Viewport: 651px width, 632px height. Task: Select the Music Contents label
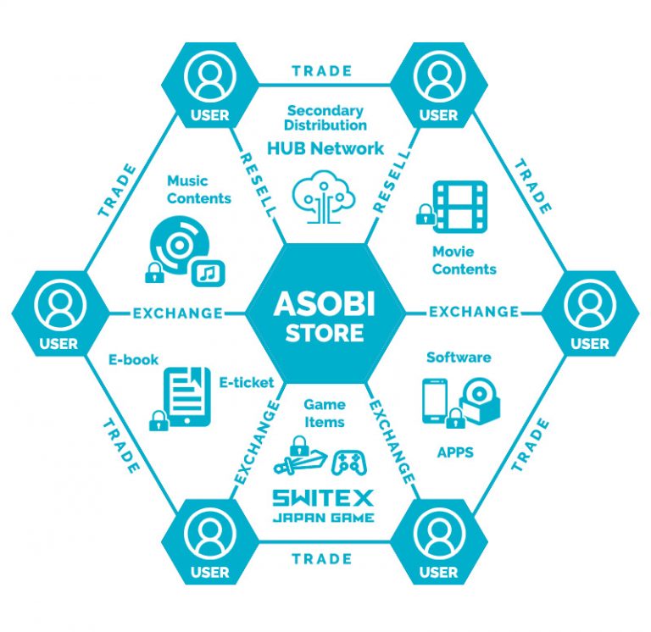point(198,189)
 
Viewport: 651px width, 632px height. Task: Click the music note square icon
point(207,271)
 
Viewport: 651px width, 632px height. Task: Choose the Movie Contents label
point(464,260)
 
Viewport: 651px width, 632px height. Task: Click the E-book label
point(133,359)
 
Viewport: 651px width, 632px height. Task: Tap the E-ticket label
point(246,383)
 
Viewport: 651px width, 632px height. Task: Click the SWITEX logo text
point(324,496)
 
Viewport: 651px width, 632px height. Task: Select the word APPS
point(454,452)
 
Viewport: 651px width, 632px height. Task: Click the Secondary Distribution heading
point(326,118)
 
